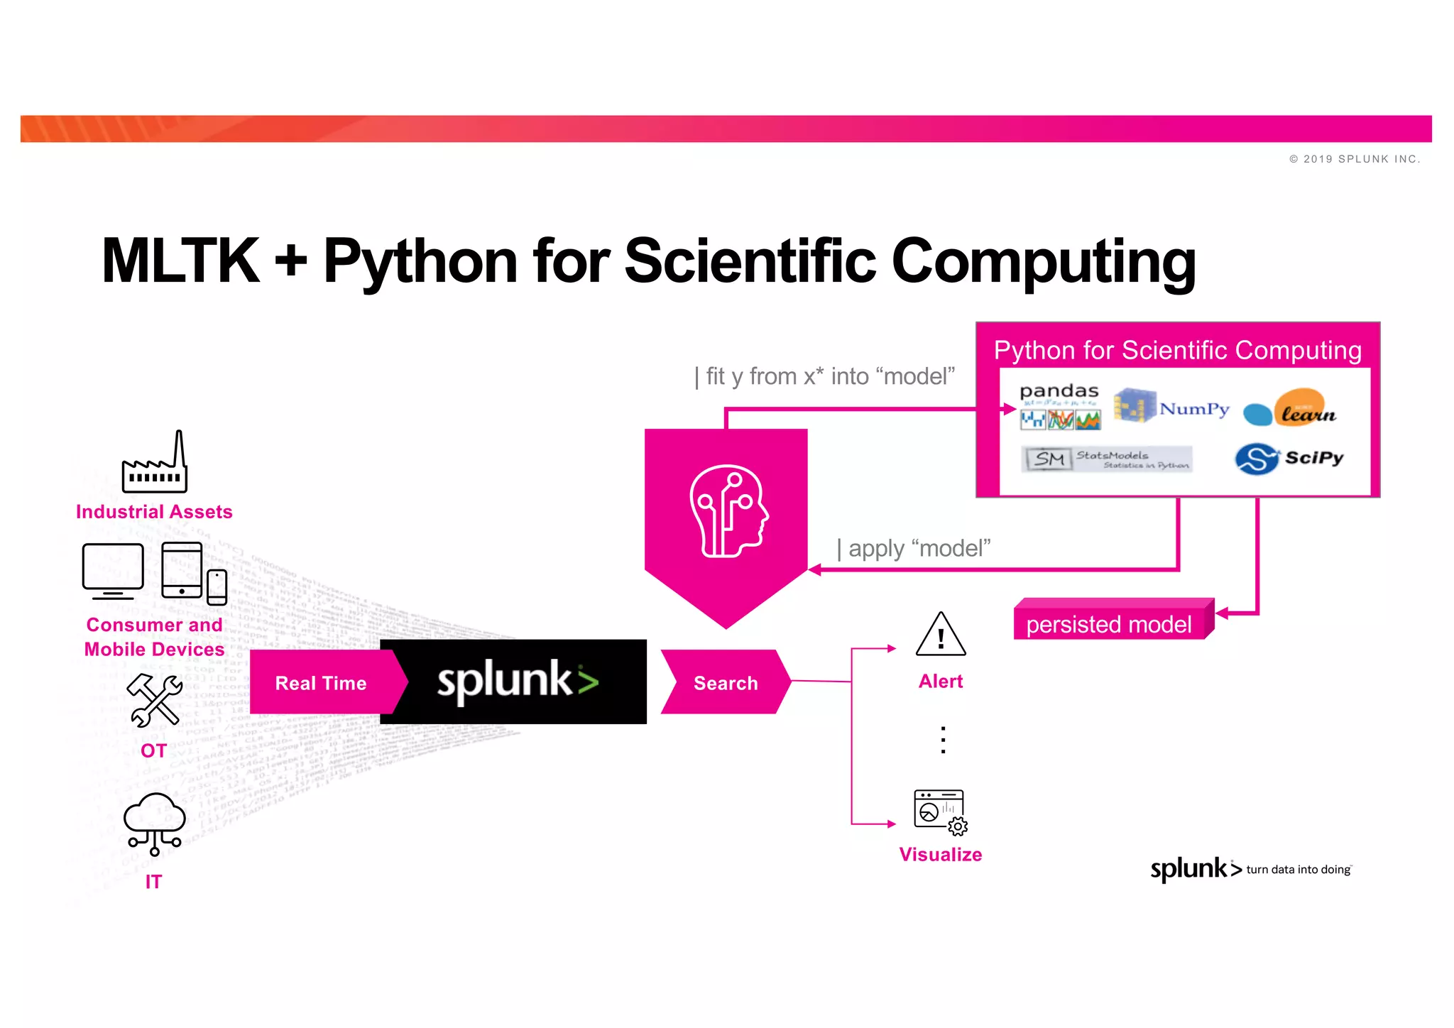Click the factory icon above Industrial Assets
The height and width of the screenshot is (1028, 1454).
click(x=155, y=463)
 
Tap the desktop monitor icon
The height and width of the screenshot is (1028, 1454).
click(x=113, y=570)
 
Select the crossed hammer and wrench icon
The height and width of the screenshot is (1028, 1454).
click(x=154, y=700)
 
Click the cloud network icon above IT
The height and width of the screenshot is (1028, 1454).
click(x=154, y=824)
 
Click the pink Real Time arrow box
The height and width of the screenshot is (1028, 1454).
click(x=323, y=682)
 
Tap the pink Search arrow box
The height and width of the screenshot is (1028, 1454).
click(x=724, y=682)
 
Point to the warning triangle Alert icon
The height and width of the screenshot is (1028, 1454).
click(x=941, y=635)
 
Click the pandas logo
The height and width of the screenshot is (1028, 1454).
click(x=1059, y=407)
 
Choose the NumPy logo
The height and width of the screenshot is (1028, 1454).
click(x=1171, y=406)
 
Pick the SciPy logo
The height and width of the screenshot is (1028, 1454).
click(x=1289, y=459)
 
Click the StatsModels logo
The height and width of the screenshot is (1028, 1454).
click(x=1107, y=459)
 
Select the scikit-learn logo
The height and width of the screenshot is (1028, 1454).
click(x=1290, y=408)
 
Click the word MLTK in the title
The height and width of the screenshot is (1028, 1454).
click(x=180, y=261)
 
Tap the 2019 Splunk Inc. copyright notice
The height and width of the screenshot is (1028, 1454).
click(x=1355, y=159)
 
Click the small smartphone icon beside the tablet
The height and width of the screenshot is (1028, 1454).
click(x=217, y=586)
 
